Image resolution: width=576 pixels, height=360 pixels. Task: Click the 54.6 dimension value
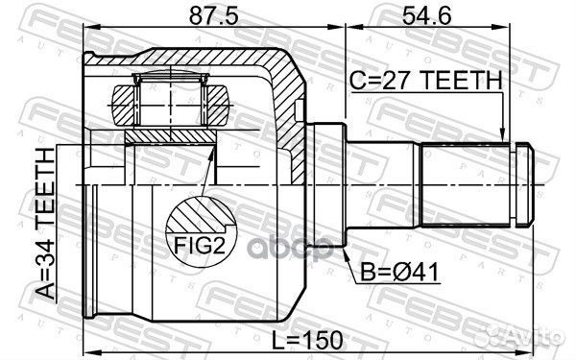pyautogui.click(x=420, y=16)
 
